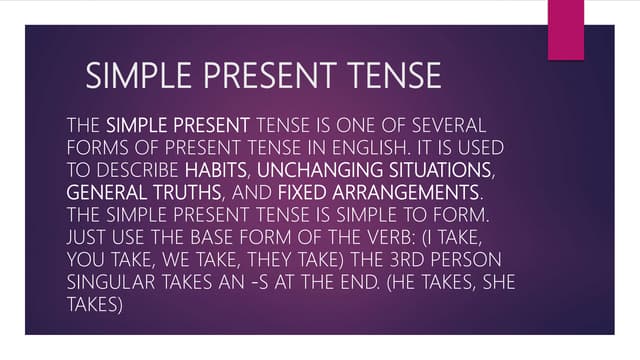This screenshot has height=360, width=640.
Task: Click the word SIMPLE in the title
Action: (x=130, y=76)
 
